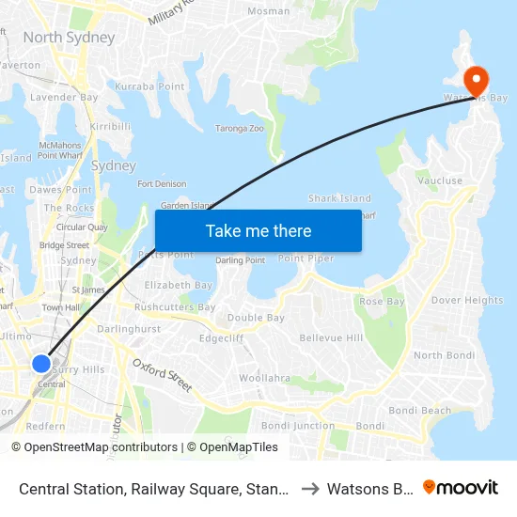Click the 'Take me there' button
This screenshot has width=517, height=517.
(258, 230)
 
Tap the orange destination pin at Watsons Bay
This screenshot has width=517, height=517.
(476, 79)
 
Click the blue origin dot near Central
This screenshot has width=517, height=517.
(41, 363)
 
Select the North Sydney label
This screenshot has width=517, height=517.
(69, 38)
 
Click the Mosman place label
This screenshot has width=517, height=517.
(268, 11)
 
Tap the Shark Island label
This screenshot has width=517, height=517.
(339, 198)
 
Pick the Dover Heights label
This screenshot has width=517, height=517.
(467, 301)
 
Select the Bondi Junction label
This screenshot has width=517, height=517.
(298, 426)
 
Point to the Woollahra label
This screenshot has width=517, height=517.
(264, 378)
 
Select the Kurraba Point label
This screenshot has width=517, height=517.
(149, 86)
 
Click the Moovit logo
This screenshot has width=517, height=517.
(461, 488)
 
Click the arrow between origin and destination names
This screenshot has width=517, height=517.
(310, 489)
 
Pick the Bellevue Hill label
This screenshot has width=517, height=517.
(331, 337)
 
